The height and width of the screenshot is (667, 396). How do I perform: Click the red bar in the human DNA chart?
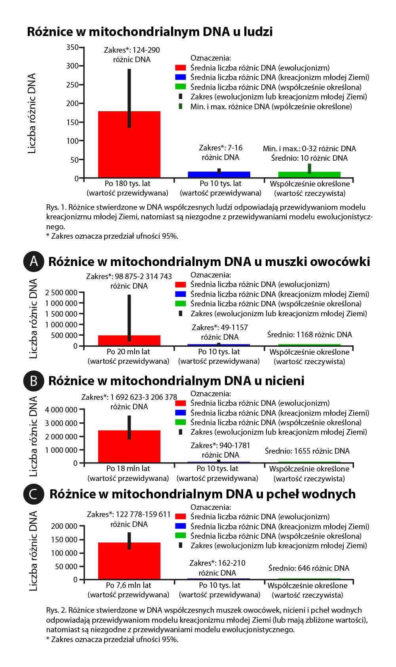pos(129,150)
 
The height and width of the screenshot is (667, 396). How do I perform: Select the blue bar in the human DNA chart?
pos(219,175)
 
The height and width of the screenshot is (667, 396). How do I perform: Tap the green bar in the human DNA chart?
pos(309,175)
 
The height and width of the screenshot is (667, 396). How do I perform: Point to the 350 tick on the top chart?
pos(72,47)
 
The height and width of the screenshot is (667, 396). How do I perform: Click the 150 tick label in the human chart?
pos(72,122)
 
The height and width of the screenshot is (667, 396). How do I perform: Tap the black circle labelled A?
pos(34,262)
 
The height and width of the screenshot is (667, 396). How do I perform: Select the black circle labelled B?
pos(34,381)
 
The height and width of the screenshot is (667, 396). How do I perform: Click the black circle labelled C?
pos(34,494)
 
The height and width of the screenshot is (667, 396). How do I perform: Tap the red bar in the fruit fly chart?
pos(129,341)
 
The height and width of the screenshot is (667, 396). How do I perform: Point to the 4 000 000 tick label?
pos(61,410)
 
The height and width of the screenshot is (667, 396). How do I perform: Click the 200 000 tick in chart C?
pos(64,526)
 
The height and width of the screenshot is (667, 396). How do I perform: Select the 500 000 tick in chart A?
pos(61,335)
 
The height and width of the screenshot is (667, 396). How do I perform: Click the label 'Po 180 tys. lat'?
pos(128,184)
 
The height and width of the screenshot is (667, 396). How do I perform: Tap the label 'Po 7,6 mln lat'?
pos(128,585)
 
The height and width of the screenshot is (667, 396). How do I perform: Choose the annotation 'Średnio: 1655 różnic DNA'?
pos(307,451)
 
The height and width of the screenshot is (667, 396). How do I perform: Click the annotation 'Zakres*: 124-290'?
pos(132,50)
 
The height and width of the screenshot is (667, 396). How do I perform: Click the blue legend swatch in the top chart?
pos(181,78)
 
